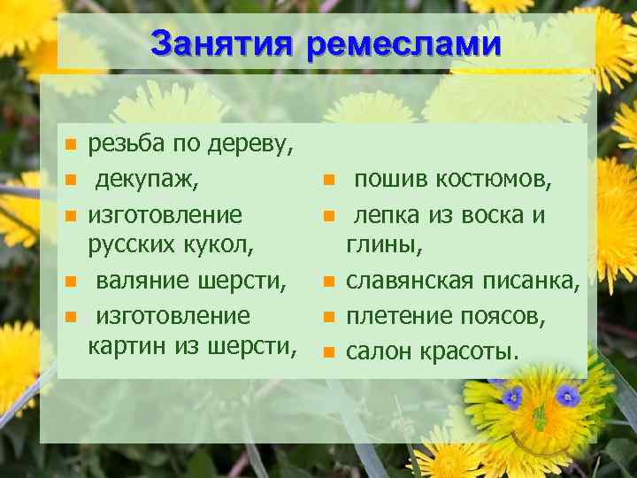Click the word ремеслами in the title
tap(403, 42)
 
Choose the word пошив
tap(387, 180)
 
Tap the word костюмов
tap(490, 180)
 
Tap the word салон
tap(377, 351)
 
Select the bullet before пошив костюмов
tap(328, 181)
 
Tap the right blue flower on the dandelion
tap(567, 395)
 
